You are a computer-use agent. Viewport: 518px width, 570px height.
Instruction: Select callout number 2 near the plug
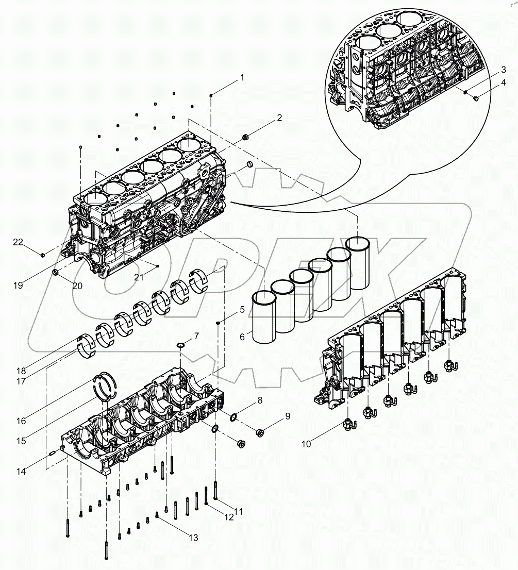coord(279,118)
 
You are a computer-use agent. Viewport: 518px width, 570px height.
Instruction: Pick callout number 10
coord(306,444)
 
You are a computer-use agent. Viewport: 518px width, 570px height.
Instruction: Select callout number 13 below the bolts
coord(193,538)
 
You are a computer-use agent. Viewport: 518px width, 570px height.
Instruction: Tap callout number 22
coord(18,242)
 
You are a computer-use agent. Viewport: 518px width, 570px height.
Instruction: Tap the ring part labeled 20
coord(56,271)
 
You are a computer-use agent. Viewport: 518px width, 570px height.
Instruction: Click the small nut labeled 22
coord(43,254)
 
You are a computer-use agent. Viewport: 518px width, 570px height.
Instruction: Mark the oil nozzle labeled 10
coord(348,425)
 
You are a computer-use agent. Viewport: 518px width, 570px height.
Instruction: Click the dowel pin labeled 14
coord(52,454)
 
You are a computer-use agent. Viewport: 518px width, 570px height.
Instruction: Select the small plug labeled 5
coord(219,323)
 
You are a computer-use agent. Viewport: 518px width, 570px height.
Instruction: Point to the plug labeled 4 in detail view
coord(476,97)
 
